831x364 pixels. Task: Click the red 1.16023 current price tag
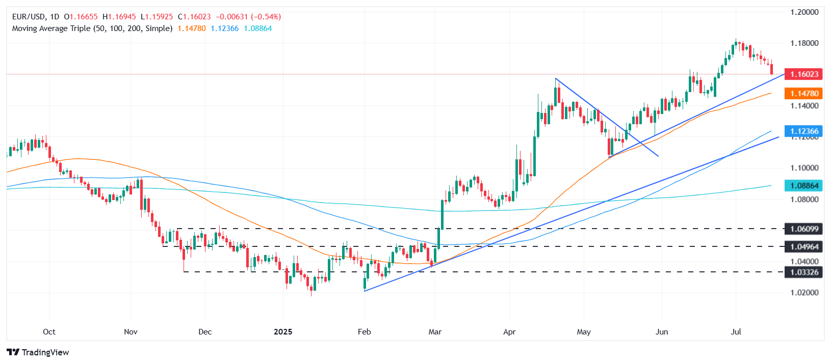click(x=804, y=74)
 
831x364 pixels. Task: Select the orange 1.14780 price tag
click(x=804, y=94)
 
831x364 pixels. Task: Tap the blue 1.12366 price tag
click(x=804, y=131)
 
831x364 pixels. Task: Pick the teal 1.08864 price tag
click(x=804, y=186)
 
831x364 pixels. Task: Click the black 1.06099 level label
click(x=804, y=229)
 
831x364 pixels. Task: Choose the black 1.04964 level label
click(x=804, y=247)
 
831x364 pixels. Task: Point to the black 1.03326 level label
click(x=804, y=272)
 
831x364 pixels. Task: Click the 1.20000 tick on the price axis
click(x=804, y=12)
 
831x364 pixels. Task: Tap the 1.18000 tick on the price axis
click(x=804, y=43)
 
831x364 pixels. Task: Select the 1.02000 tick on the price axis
click(x=804, y=293)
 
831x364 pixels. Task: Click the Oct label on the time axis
click(x=49, y=332)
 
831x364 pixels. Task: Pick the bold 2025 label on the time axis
click(x=283, y=332)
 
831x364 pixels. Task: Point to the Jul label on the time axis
click(x=736, y=332)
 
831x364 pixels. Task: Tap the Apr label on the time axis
click(x=509, y=332)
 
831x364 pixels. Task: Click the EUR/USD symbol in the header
click(x=29, y=17)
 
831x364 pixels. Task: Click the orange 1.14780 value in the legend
click(x=192, y=29)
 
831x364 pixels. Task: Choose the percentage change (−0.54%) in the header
click(x=267, y=17)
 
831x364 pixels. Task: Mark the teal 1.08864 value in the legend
click(x=257, y=29)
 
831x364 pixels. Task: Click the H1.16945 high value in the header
click(x=119, y=17)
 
